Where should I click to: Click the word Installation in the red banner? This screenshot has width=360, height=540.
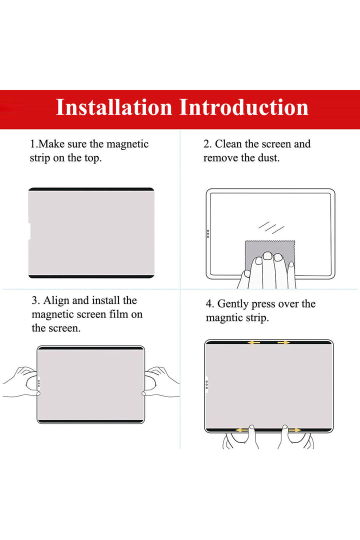114,107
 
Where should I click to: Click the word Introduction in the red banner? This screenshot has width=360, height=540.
244,107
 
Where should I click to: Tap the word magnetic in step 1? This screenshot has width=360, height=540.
127,144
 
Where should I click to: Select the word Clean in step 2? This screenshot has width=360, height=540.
228,143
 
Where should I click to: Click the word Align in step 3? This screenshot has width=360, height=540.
56,300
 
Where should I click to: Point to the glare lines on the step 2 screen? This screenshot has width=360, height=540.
271,227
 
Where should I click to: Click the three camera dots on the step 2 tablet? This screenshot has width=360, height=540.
208,234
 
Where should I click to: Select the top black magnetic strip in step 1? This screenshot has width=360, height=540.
91,189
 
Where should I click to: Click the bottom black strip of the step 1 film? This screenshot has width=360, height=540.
91,276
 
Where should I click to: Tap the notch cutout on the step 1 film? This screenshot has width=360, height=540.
29,230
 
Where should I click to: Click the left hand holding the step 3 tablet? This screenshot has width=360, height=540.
21,382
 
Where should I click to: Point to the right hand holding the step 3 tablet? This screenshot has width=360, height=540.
160,382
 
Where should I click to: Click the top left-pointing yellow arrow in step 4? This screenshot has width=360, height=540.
254,342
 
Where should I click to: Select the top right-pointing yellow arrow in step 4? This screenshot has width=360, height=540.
284,342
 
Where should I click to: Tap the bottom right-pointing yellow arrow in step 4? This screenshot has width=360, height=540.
294,430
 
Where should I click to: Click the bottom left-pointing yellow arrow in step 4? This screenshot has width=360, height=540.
242,430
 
